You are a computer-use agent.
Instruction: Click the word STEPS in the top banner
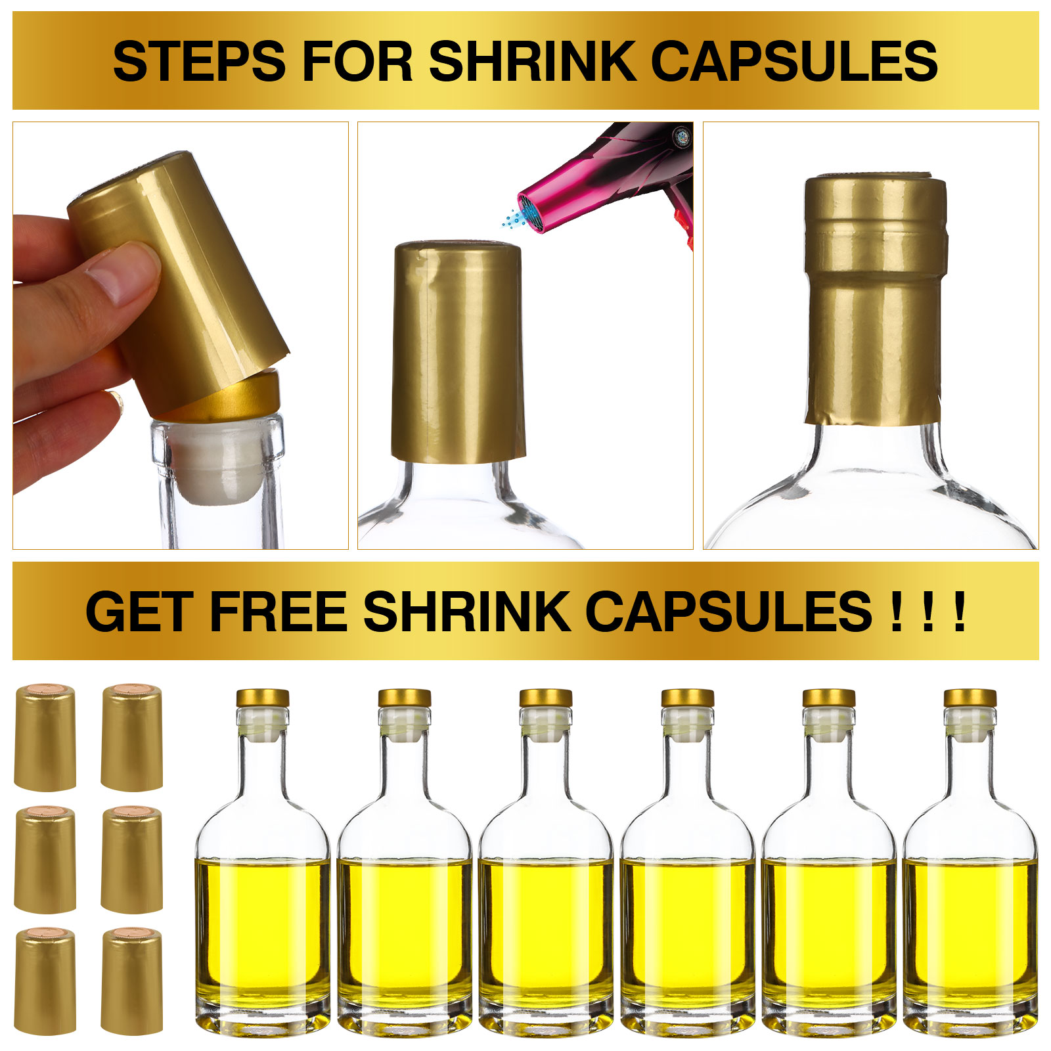[x=199, y=61]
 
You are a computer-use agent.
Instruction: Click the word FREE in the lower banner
[x=278, y=612]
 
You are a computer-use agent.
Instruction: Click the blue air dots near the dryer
[x=511, y=218]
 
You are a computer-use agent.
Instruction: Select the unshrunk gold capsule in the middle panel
[x=458, y=351]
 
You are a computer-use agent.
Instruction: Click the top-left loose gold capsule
[x=45, y=737]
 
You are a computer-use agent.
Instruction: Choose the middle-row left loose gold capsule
[x=45, y=859]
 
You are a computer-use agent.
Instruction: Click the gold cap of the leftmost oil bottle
[x=263, y=698]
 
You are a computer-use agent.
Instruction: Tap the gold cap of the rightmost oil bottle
[x=970, y=698]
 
